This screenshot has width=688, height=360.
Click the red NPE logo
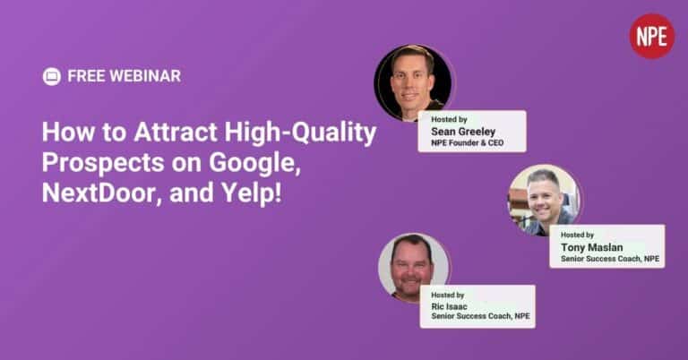tap(652, 36)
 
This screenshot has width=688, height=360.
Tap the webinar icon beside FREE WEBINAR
tap(52, 76)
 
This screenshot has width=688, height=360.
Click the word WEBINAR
tap(145, 76)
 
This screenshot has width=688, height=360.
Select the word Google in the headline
tap(254, 163)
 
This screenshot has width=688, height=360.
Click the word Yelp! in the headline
tap(251, 193)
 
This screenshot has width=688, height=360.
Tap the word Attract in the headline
tap(176, 132)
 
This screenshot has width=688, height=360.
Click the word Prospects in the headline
tap(103, 163)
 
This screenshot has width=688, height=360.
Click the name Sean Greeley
tap(463, 132)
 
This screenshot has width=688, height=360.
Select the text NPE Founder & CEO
tap(468, 143)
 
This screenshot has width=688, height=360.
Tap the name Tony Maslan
tap(591, 247)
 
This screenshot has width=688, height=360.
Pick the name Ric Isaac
tap(449, 306)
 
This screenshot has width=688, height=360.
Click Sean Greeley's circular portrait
tap(413, 82)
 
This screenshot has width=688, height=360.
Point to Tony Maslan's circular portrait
tap(544, 200)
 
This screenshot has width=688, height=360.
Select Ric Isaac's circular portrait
tap(413, 268)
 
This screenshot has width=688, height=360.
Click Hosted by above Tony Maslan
tap(577, 235)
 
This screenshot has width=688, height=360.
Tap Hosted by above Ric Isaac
tap(448, 296)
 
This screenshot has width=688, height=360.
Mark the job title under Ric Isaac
tap(480, 316)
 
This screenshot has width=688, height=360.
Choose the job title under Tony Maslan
tap(610, 259)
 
